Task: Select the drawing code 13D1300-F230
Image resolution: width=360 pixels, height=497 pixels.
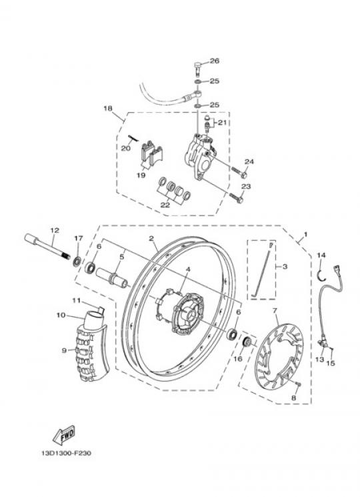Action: [66, 453]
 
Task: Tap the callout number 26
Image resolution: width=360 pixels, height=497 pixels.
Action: [215, 61]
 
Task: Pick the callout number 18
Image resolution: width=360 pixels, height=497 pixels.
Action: [108, 108]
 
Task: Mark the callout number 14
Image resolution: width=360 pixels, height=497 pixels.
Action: [321, 255]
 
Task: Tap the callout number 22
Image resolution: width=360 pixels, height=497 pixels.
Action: [165, 205]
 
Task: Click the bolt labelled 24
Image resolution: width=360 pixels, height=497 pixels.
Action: [240, 171]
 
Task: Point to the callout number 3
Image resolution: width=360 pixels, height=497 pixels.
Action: [285, 267]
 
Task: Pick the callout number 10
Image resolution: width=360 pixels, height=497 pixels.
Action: [61, 315]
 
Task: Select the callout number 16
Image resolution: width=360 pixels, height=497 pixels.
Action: [238, 358]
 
